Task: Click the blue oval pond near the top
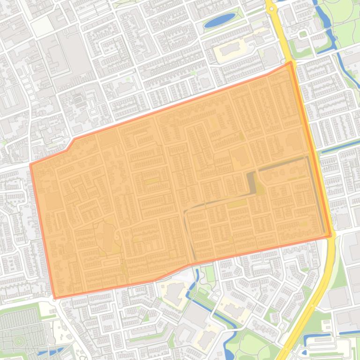pyautogui.click(x=220, y=20)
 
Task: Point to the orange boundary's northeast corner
pyautogui.click(x=291, y=62)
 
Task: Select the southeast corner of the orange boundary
pyautogui.click(x=331, y=236)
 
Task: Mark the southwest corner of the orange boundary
pyautogui.click(x=55, y=298)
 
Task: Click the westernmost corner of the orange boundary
pyautogui.click(x=31, y=165)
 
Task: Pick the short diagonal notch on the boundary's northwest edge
pyautogui.click(x=71, y=144)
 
